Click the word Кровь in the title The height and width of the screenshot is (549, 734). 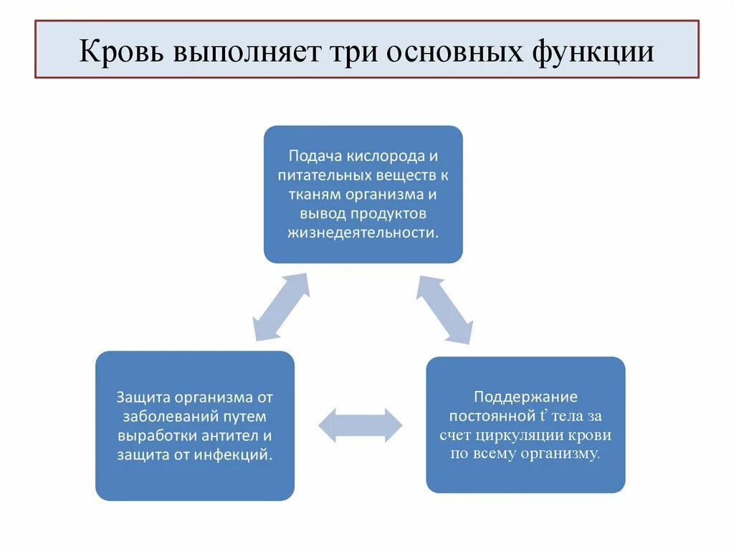tap(120, 52)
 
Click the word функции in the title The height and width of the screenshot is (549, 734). tap(597, 52)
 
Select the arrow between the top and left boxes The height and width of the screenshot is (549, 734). tap(282, 306)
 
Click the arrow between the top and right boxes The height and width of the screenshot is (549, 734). tap(444, 309)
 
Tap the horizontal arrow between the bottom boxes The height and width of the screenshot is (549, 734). tap(361, 425)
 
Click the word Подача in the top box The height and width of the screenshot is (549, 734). tap(315, 155)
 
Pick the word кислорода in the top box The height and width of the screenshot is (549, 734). tap(386, 155)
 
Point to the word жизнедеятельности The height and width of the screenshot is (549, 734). tap(363, 233)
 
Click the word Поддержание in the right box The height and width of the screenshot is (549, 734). tap(525, 396)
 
